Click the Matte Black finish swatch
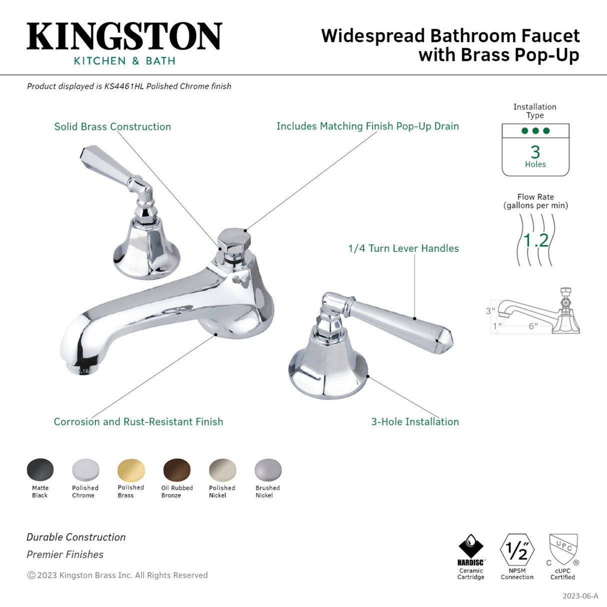click(40, 470)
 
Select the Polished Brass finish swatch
click(131, 470)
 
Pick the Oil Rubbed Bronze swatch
click(177, 470)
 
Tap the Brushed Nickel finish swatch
click(268, 470)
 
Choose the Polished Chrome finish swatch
click(85, 470)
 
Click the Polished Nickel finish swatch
click(222, 470)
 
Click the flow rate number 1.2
click(535, 240)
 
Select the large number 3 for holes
click(535, 151)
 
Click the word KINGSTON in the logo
click(124, 36)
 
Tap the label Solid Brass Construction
click(112, 126)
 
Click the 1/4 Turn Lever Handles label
click(403, 248)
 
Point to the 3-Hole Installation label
click(415, 421)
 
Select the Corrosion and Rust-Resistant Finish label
click(138, 421)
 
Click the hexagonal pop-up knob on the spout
click(231, 238)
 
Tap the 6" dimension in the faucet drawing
click(533, 326)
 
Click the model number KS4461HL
click(124, 86)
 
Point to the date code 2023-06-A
click(580, 596)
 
